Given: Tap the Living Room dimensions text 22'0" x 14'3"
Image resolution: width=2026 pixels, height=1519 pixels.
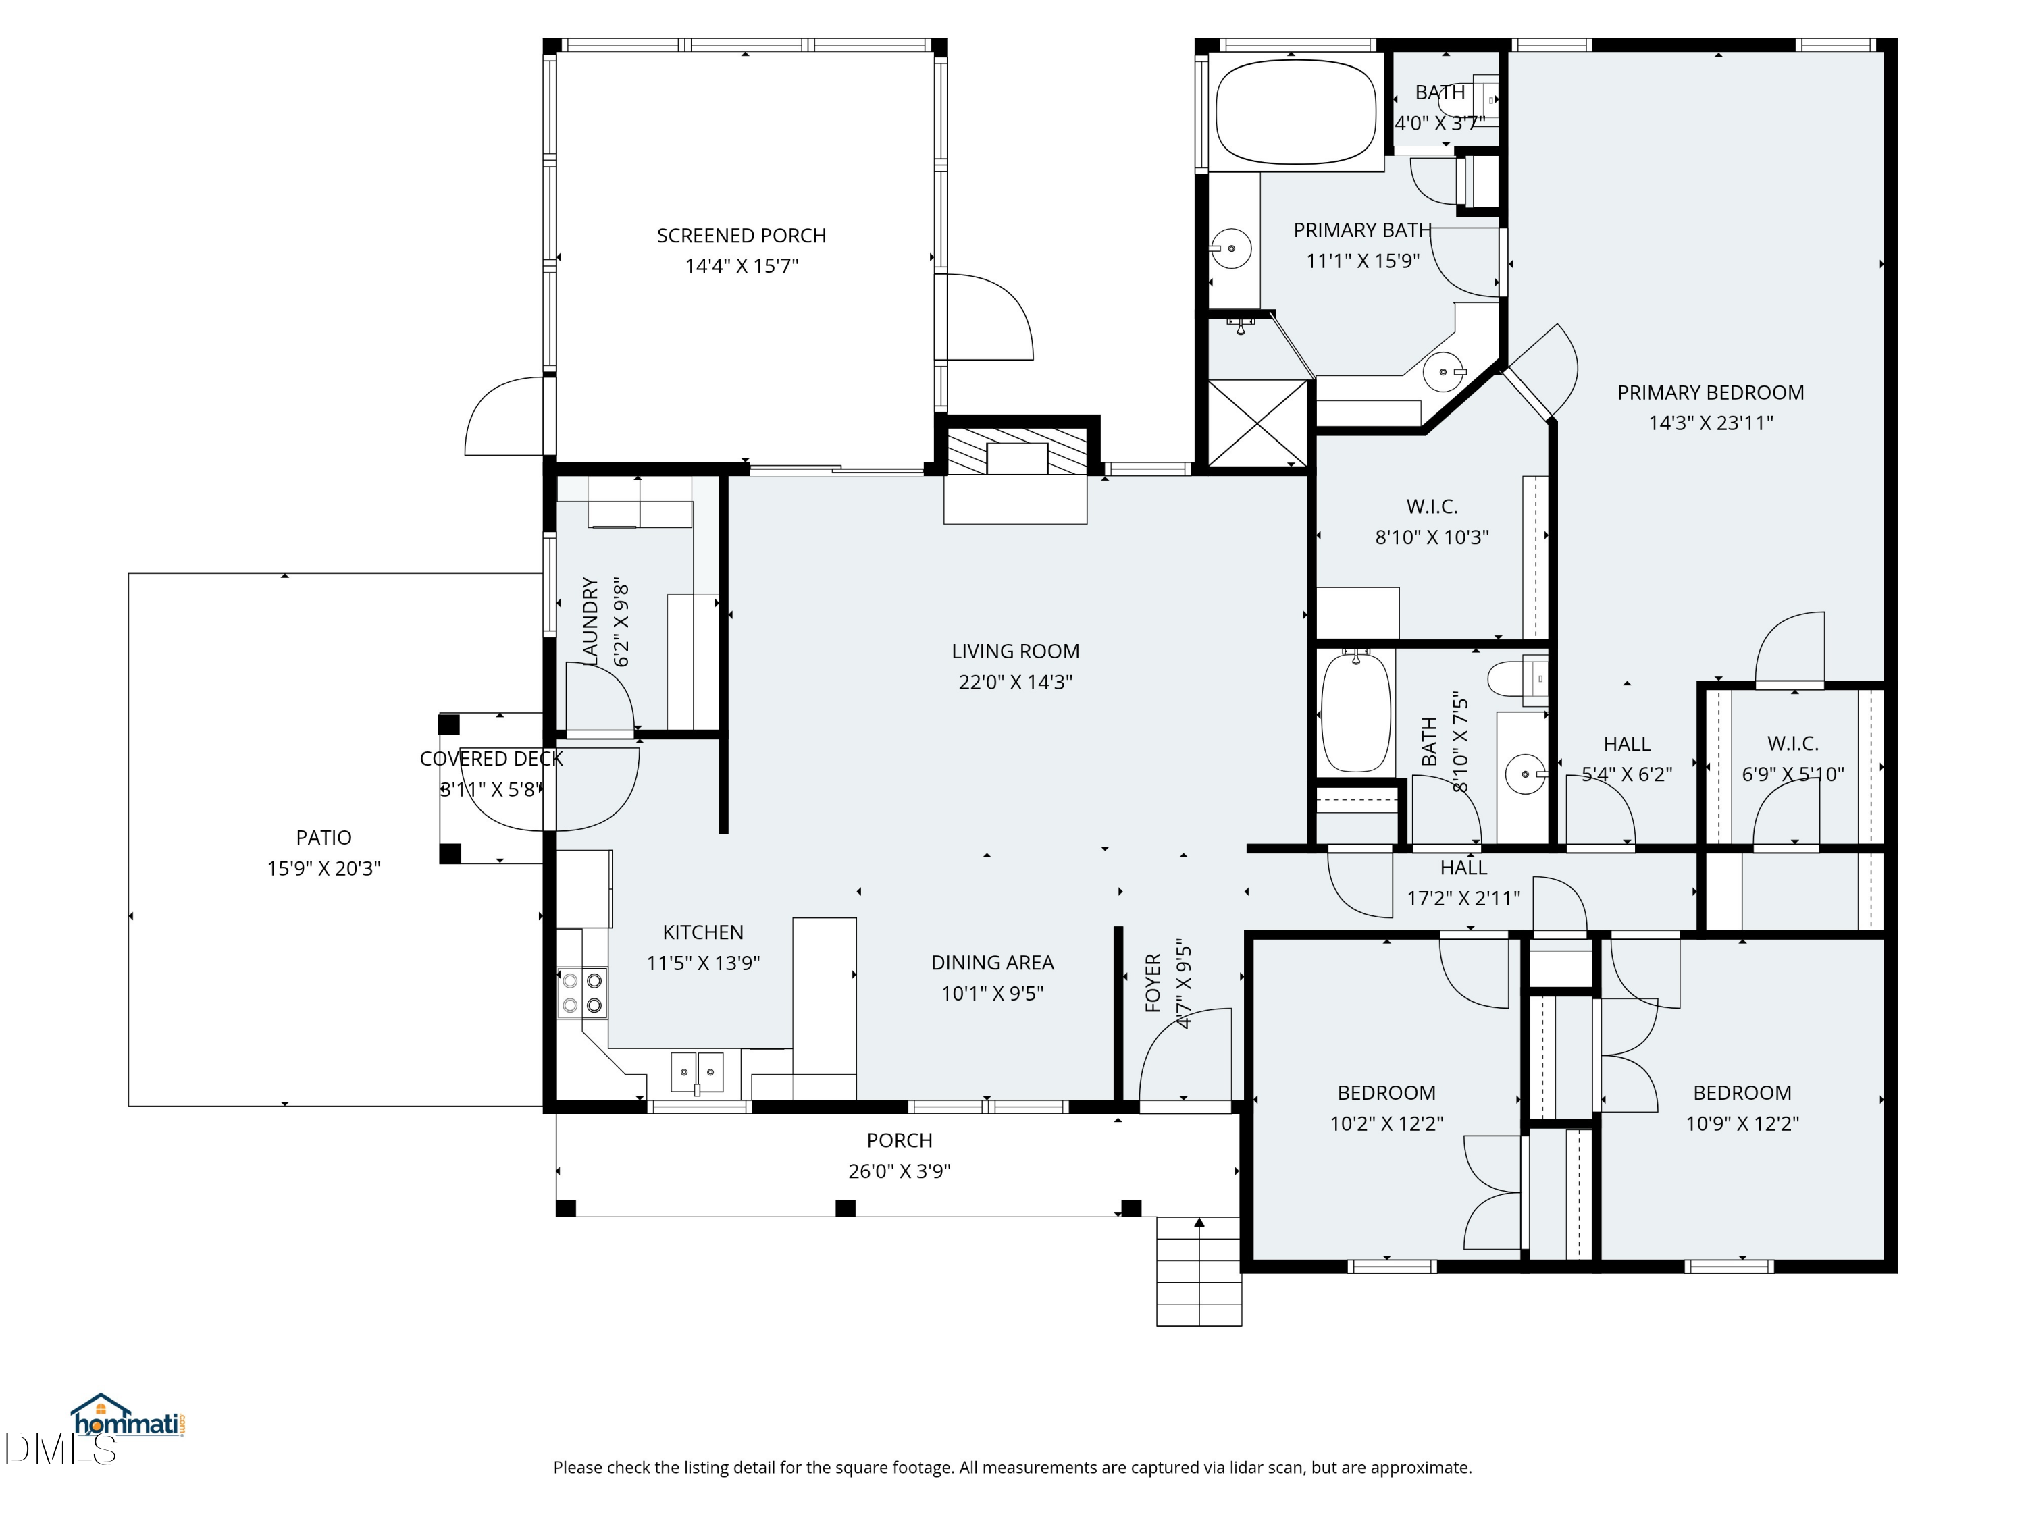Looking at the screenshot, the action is click(1015, 682).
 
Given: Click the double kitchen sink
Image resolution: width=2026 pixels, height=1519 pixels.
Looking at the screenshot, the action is click(697, 1072).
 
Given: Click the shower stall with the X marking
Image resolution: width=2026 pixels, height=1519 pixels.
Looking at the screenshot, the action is click(1257, 423).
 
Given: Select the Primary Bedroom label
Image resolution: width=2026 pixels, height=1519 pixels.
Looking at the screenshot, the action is click(1710, 393).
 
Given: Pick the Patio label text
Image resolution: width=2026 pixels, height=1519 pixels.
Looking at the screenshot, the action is click(323, 838).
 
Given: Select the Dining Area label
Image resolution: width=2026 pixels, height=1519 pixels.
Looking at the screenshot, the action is click(992, 963).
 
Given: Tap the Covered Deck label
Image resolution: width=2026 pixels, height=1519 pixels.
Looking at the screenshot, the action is click(491, 759).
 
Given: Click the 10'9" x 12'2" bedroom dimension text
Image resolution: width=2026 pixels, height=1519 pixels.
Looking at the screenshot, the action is click(1742, 1123).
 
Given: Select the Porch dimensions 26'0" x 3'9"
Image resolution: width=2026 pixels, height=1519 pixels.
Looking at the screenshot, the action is click(900, 1171).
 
